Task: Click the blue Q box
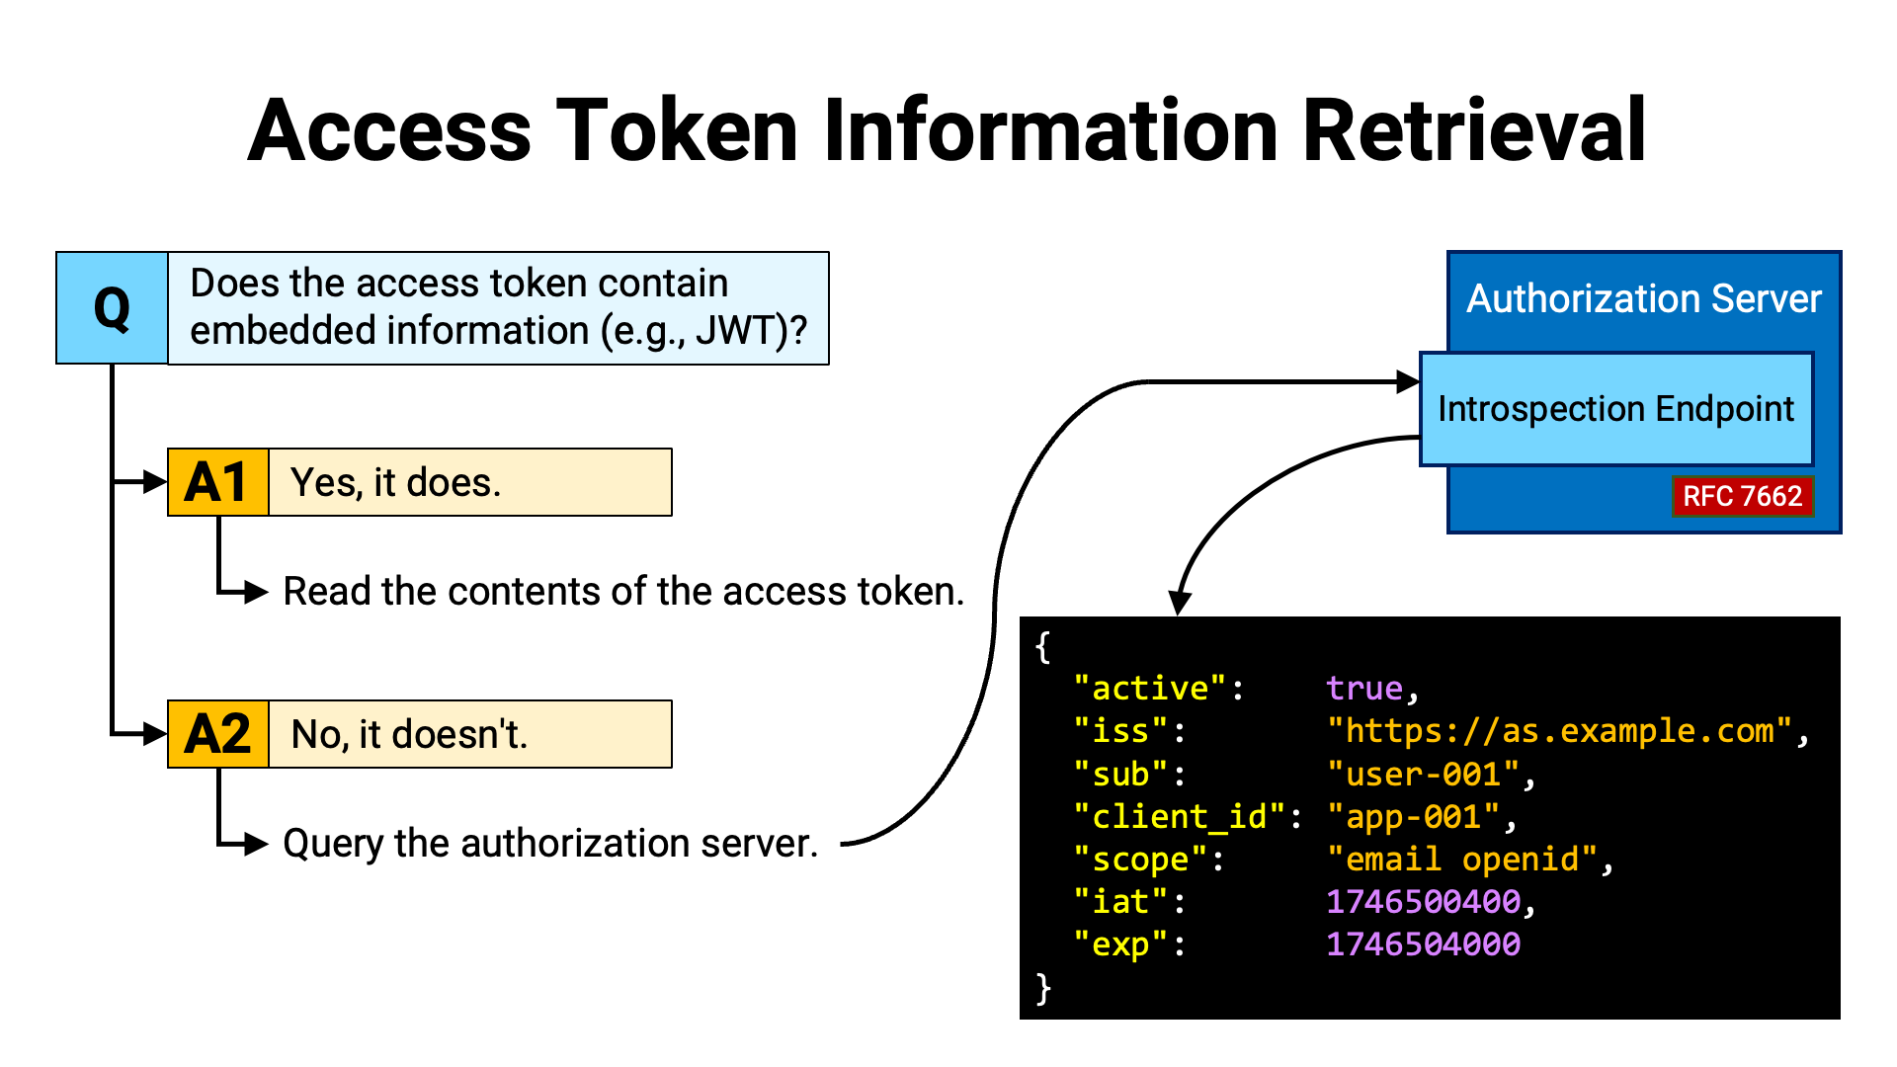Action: point(112,308)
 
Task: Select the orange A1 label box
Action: point(218,482)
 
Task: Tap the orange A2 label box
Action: point(218,734)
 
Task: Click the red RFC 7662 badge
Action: point(1743,496)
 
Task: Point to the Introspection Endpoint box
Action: point(1616,409)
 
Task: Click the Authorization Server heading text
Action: point(1644,298)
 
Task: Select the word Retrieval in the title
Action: point(1474,129)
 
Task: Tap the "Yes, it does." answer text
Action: point(395,483)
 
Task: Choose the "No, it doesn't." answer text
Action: point(410,735)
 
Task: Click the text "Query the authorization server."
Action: point(550,844)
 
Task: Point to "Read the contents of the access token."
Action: point(623,592)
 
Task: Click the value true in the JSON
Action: point(1364,689)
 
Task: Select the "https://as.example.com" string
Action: point(1560,731)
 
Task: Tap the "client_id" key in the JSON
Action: point(1180,817)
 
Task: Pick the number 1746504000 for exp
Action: point(1423,944)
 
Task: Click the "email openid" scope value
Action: point(1462,860)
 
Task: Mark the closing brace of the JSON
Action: point(1043,988)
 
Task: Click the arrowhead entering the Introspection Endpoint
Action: point(1408,381)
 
